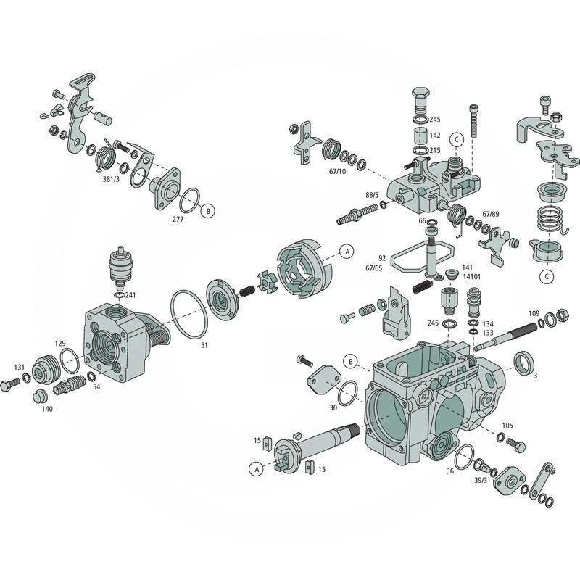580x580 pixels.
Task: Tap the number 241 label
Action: [130, 295]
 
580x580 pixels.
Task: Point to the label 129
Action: [60, 344]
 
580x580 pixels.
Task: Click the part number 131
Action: [20, 367]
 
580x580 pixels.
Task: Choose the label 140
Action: [47, 409]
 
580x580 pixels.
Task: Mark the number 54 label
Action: [96, 387]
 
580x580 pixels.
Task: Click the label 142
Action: [435, 135]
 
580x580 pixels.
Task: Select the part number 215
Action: [435, 150]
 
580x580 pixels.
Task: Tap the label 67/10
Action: [337, 172]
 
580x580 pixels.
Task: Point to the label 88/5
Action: [371, 195]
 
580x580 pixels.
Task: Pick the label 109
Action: [534, 313]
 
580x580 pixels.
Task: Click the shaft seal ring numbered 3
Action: [524, 362]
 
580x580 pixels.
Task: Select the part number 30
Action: [333, 407]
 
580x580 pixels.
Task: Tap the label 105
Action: [507, 426]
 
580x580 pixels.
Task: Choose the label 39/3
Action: [480, 481]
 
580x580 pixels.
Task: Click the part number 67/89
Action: [491, 215]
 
